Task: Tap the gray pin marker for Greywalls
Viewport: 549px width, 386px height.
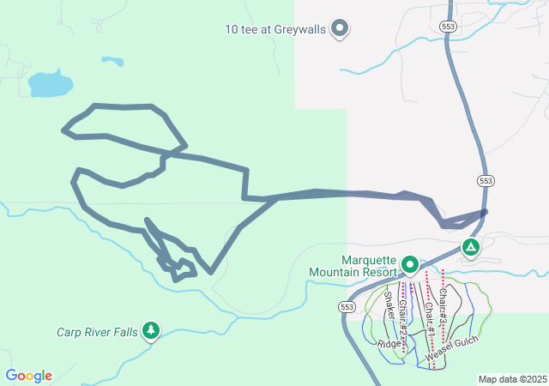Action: pos(340,28)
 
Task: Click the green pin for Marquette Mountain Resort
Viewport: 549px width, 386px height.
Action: pos(410,265)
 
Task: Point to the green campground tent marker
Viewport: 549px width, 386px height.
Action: pos(470,248)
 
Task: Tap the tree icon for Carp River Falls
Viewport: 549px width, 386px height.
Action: pos(151,330)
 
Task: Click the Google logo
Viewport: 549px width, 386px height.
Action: pos(28,376)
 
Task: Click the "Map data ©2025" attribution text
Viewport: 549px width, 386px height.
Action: pos(512,379)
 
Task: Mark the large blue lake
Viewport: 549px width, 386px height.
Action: pos(50,84)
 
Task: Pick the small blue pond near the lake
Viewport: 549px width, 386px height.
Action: pos(112,61)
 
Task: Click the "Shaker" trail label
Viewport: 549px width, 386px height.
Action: pos(390,307)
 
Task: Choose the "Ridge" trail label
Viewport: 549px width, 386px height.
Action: pos(389,344)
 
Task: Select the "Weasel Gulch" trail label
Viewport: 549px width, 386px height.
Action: pos(450,347)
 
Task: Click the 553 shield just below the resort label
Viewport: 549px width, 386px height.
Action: pos(346,306)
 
